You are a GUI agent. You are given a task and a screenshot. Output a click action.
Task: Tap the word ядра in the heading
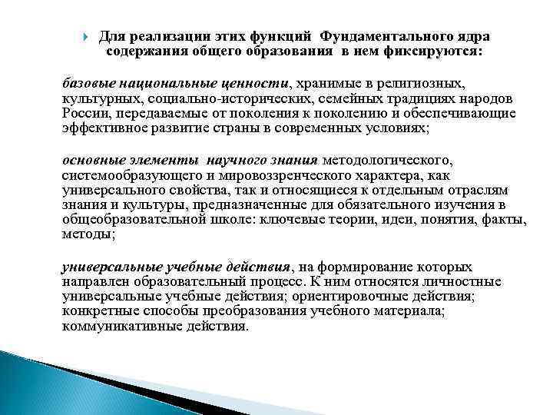(469, 37)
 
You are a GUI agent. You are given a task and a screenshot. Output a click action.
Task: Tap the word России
(84, 115)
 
